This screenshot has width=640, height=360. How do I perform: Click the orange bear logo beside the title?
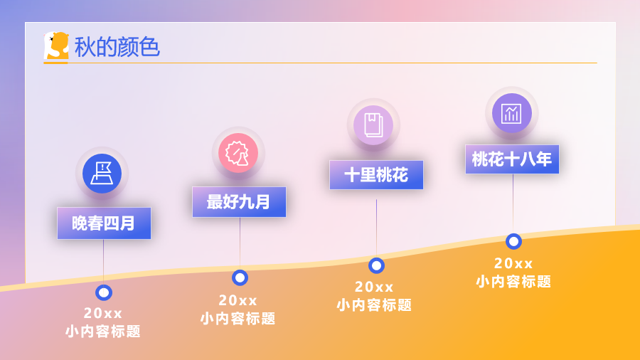(x=56, y=46)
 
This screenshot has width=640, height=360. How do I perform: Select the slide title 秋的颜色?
(x=117, y=46)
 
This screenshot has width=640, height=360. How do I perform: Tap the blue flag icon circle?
(x=102, y=174)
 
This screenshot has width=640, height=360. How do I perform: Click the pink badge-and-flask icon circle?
(x=238, y=153)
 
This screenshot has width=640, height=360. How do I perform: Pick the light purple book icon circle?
(x=373, y=125)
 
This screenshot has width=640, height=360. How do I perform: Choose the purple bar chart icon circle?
(x=512, y=113)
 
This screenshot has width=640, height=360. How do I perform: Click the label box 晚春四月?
(x=104, y=223)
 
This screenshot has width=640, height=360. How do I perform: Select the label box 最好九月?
(x=239, y=202)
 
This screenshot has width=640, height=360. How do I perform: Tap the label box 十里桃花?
(x=376, y=175)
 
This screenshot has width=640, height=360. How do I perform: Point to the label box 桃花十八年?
(x=512, y=159)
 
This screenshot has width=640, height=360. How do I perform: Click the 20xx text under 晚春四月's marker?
(x=103, y=314)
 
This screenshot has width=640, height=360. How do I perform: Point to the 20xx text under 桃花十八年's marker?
(x=513, y=264)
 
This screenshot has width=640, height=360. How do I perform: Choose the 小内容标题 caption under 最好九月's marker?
(x=238, y=318)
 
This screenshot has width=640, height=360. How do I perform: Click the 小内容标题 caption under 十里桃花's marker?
(x=374, y=305)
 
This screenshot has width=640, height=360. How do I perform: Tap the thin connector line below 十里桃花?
(x=376, y=228)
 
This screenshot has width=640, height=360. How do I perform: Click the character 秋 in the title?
(x=85, y=46)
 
